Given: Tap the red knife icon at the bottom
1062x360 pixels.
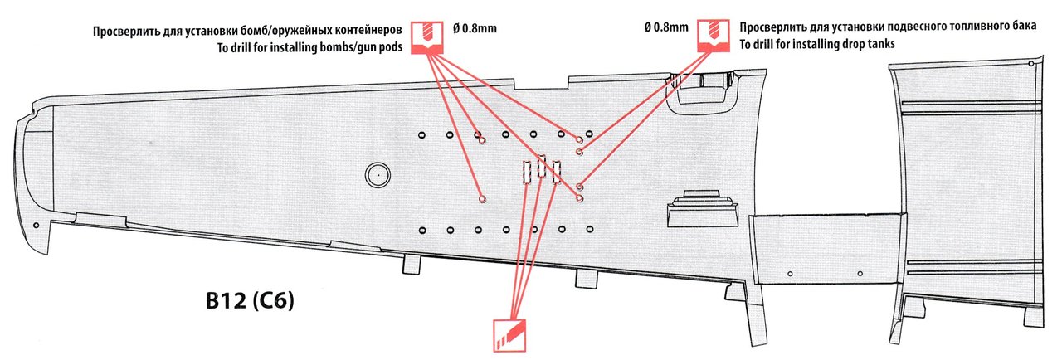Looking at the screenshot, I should (507, 337).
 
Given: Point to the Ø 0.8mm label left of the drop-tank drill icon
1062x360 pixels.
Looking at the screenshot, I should (665, 27).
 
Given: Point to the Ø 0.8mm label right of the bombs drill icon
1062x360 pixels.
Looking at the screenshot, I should (475, 29).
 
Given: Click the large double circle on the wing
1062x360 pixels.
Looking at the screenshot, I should (377, 175).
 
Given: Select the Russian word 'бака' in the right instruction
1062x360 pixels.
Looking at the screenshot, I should (1024, 27).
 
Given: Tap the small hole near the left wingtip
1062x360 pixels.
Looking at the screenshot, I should (35, 225).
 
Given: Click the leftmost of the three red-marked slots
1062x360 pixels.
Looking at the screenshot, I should (525, 172).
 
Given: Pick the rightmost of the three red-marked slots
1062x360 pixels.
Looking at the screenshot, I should (556, 170).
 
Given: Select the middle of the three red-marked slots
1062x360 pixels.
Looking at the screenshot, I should (541, 168).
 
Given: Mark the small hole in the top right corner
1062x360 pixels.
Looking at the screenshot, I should (1030, 64).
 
